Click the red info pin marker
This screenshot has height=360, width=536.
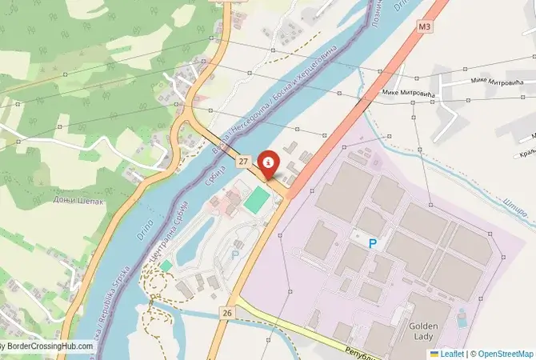pyautogui.click(x=270, y=162)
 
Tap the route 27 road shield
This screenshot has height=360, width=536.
pyautogui.click(x=243, y=162)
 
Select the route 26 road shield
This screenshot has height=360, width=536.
pyautogui.click(x=229, y=312)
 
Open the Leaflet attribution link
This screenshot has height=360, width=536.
pyautogui.click(x=453, y=353)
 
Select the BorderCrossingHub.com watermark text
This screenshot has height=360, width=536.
pyautogui.click(x=48, y=346)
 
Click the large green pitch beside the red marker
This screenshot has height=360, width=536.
pyautogui.click(x=255, y=199)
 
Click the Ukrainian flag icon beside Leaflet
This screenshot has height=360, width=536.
pyautogui.click(x=434, y=353)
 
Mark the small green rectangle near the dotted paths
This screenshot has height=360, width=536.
pyautogui.click(x=166, y=265)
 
